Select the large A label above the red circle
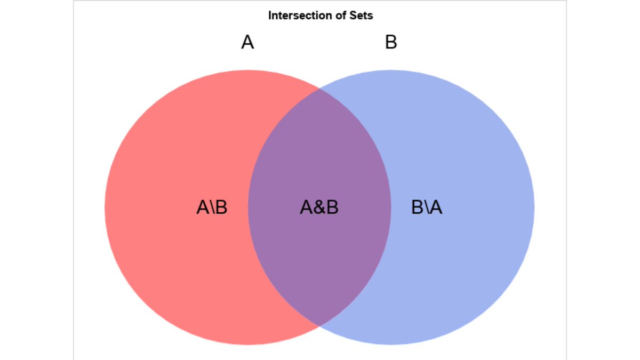pyautogui.click(x=247, y=42)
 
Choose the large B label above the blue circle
pyautogui.click(x=391, y=42)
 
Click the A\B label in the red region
pyautogui.click(x=212, y=207)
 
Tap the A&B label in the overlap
pyautogui.click(x=319, y=207)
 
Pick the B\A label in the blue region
pyautogui.click(x=427, y=207)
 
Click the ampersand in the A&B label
pyautogui.click(x=319, y=207)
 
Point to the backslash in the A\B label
pyautogui.click(x=212, y=207)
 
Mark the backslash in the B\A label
pyautogui.click(x=427, y=207)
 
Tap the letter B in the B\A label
pyautogui.click(x=418, y=207)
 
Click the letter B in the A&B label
pyautogui.click(x=332, y=207)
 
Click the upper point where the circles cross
pyautogui.click(x=319, y=88)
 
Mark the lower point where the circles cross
pyautogui.click(x=319, y=325)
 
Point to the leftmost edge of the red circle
pyautogui.click(x=106, y=207)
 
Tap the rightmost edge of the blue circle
pyautogui.click(x=533, y=207)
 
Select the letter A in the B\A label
pyautogui.click(x=436, y=207)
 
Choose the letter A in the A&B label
pyautogui.click(x=306, y=207)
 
